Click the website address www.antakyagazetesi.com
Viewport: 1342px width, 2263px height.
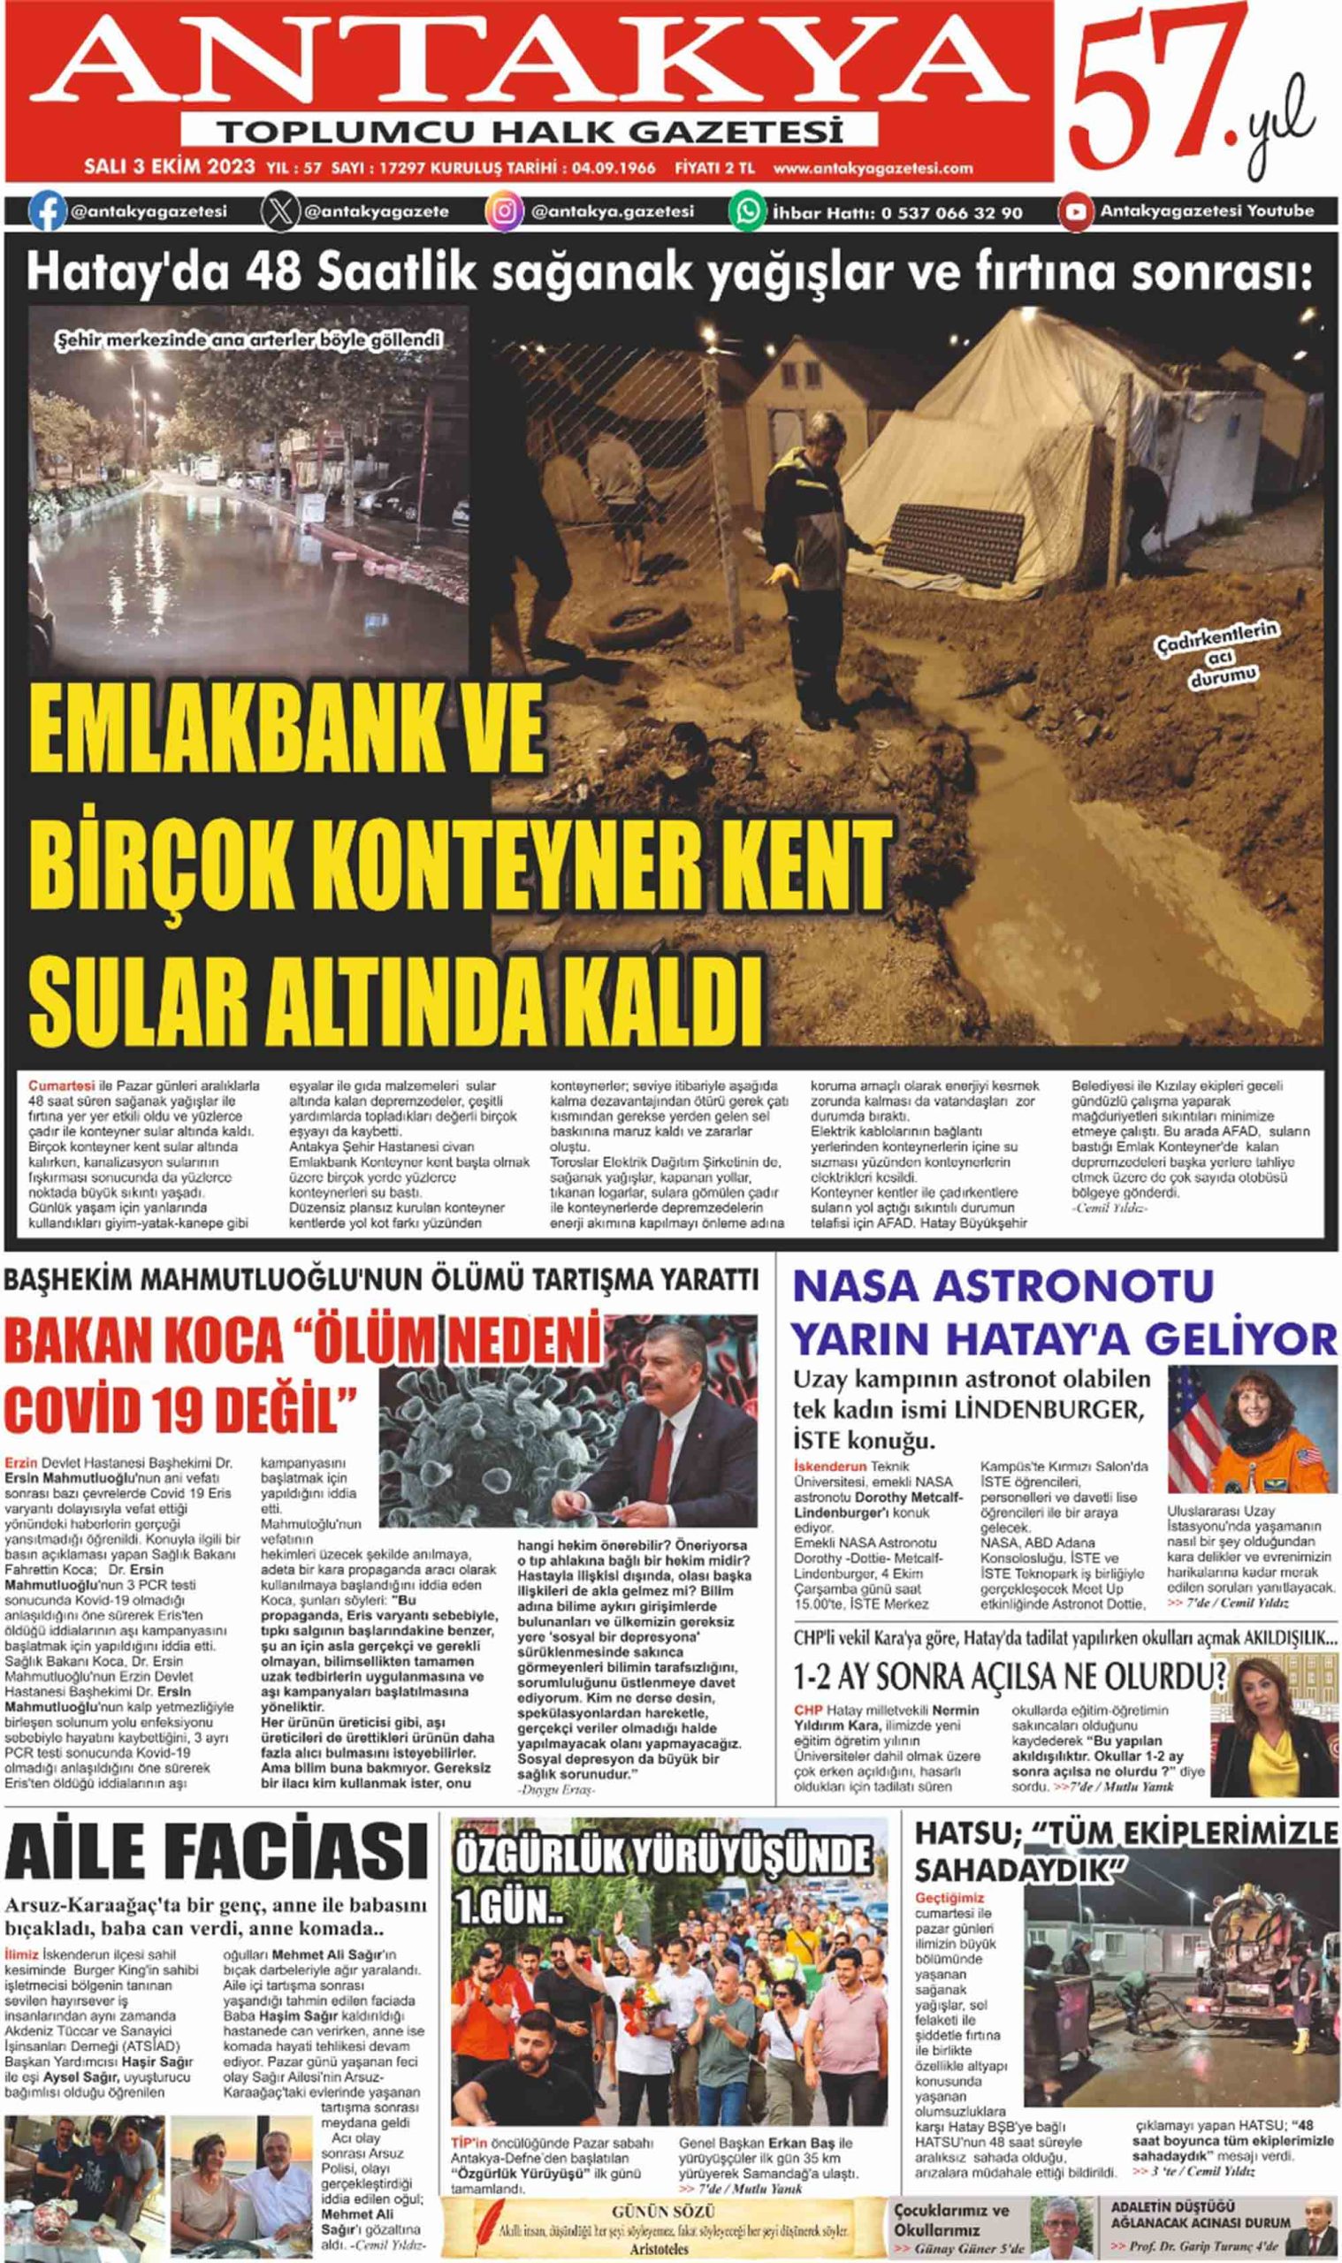tap(873, 168)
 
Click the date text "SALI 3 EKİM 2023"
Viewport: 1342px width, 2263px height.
tap(168, 168)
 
